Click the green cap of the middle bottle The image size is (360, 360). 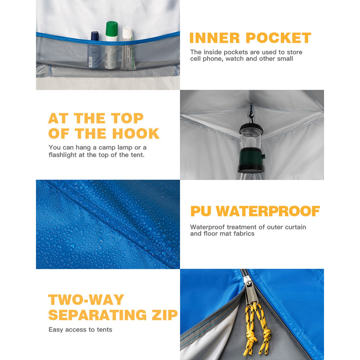[112, 29]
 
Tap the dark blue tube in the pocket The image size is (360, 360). [94, 50]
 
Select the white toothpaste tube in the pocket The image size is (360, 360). [127, 49]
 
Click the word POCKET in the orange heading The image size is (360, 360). [278, 38]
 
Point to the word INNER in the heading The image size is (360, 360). [215, 38]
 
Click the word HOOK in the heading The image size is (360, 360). [136, 134]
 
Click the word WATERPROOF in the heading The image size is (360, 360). [268, 211]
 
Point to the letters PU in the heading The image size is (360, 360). [201, 211]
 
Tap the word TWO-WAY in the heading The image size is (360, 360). [86, 300]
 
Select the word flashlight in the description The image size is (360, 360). [63, 155]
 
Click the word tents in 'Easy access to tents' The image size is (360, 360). [104, 330]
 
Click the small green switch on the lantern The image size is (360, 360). [263, 156]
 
